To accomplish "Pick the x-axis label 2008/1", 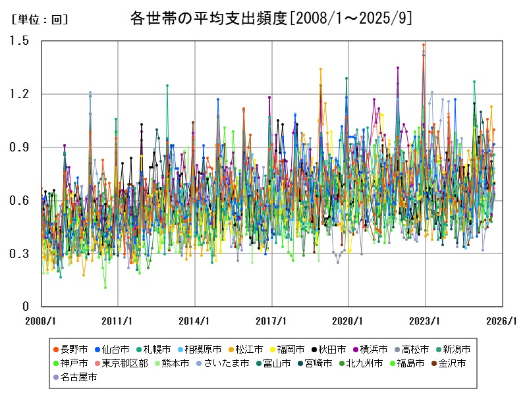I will click(x=42, y=321).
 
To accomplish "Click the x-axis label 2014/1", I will click(x=195, y=321).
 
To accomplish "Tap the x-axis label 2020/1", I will click(x=348, y=321).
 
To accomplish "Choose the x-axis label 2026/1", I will click(x=502, y=321).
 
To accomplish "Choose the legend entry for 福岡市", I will click(x=287, y=349).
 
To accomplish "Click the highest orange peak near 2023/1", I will click(x=424, y=45).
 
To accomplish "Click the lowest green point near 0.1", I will click(x=105, y=288).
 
